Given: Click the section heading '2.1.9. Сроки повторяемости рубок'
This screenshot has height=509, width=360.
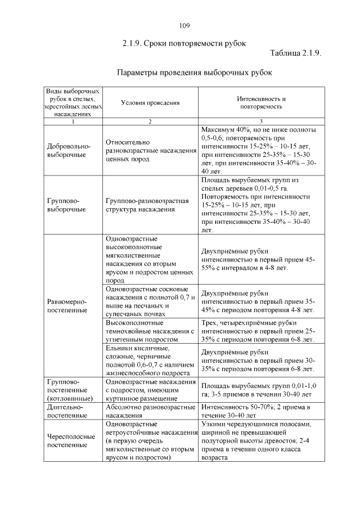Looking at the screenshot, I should click(x=184, y=43).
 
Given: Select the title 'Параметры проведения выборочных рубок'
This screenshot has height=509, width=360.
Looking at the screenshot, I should click(x=194, y=73).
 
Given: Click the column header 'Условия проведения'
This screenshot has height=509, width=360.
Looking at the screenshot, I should click(x=150, y=102).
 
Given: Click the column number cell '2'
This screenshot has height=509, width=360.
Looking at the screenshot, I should click(x=150, y=121).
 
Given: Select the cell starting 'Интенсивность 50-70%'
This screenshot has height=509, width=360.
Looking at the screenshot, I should click(x=256, y=411).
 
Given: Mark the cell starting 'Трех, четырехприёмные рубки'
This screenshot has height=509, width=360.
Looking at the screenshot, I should click(x=257, y=331).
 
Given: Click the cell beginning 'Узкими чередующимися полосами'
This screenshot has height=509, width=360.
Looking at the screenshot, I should click(x=256, y=440).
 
